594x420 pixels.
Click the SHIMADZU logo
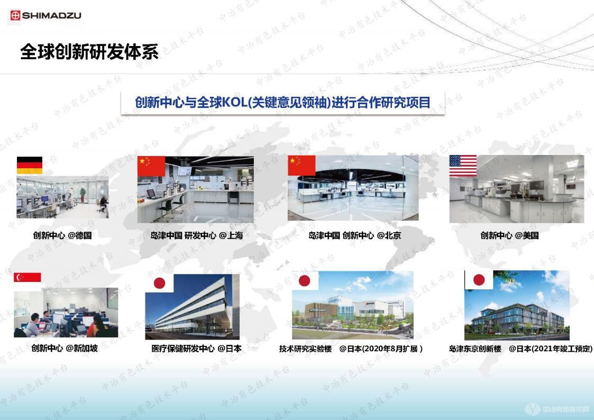click(45, 15)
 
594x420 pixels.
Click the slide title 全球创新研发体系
click(89, 52)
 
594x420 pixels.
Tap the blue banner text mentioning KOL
click(282, 102)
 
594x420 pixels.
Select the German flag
click(30, 166)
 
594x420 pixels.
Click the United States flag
click(463, 166)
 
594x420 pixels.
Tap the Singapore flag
click(28, 277)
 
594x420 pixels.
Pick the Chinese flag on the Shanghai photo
click(151, 166)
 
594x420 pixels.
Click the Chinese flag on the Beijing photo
click(301, 166)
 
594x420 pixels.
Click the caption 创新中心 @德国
click(62, 235)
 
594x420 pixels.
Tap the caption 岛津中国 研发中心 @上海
click(197, 235)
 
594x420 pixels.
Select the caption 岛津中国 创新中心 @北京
click(355, 235)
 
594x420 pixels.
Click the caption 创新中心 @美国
click(509, 235)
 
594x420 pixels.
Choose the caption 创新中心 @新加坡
click(65, 348)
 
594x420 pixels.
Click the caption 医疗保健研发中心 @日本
click(196, 349)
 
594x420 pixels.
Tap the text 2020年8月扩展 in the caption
click(392, 349)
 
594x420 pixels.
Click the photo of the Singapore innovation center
click(66, 313)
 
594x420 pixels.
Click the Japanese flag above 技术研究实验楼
click(305, 280)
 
